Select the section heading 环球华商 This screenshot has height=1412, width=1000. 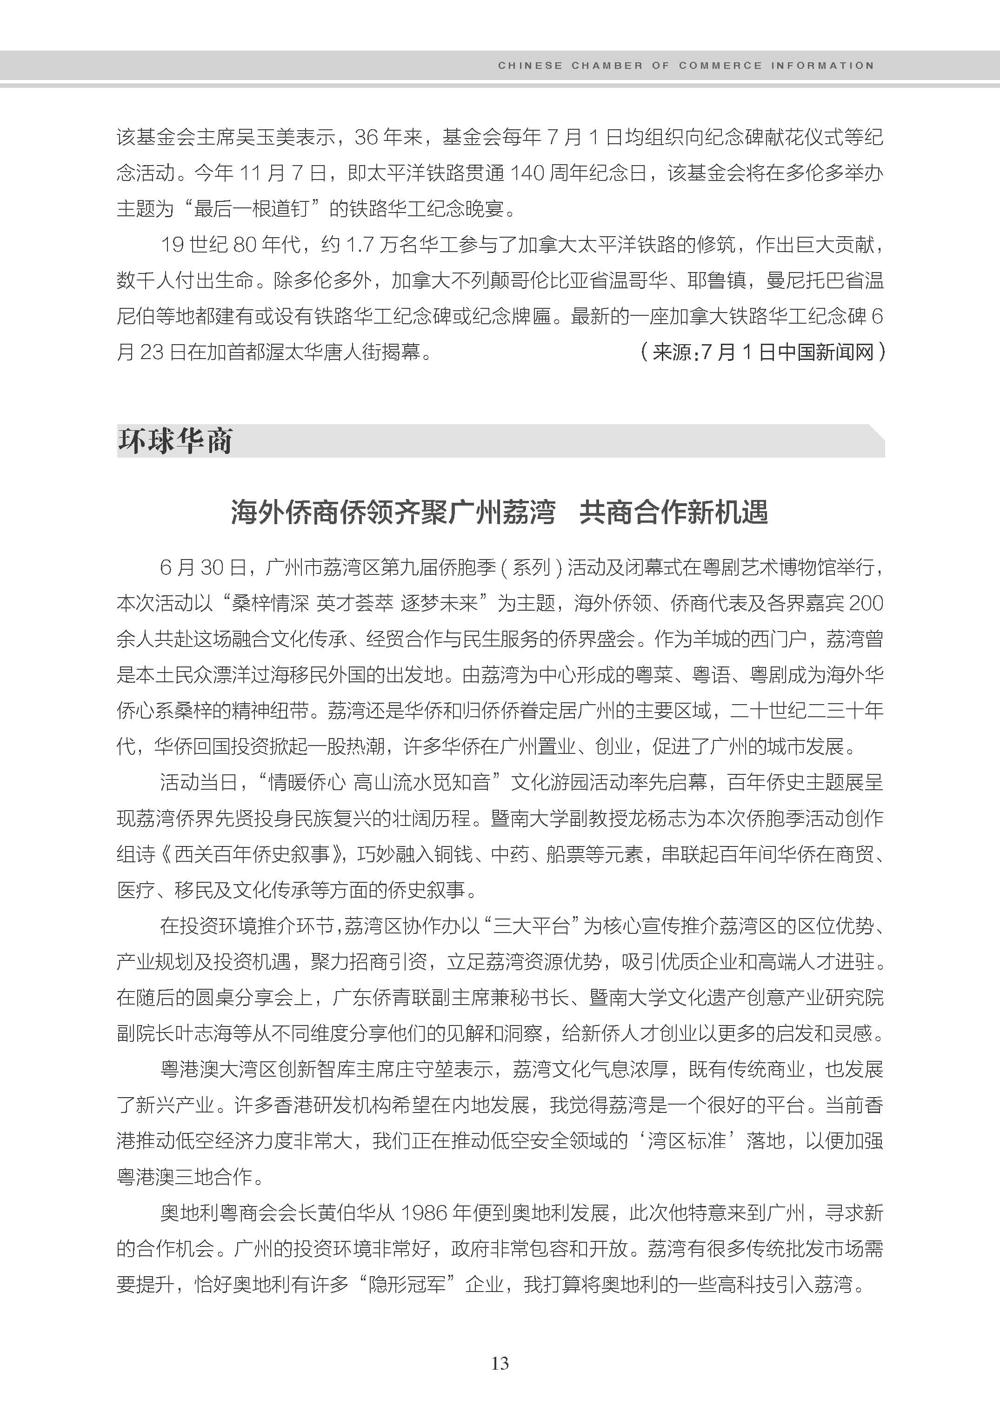pos(175,441)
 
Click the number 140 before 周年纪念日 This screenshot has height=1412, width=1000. pos(527,173)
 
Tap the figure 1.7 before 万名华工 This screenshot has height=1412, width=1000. pos(360,245)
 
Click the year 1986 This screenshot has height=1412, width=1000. pos(424,1213)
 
